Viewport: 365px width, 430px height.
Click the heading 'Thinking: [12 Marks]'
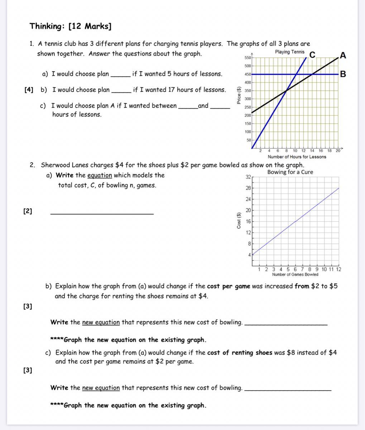coord(70,26)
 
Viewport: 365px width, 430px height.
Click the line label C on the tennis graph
coord(312,55)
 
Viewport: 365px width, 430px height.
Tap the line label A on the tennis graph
coord(343,56)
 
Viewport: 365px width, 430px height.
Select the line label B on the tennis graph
coord(343,74)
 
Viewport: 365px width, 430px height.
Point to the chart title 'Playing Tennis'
coord(290,52)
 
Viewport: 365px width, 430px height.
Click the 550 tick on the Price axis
coord(248,58)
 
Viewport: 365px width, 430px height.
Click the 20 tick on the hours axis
coord(338,151)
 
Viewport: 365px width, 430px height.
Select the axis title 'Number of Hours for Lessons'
coord(297,157)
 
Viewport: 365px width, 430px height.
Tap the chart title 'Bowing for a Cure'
coord(290,172)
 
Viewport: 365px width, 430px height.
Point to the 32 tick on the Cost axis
coord(248,177)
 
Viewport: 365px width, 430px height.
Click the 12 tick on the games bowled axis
coord(338,269)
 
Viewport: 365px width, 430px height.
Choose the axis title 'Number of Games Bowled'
coord(295,274)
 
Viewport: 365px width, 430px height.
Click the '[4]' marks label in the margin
coord(29,90)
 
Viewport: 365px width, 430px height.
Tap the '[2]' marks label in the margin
coord(28,211)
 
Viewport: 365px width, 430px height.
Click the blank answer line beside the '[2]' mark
coord(102,213)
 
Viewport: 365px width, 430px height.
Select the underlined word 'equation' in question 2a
coord(100,175)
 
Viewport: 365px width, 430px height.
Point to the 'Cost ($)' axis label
coord(239,220)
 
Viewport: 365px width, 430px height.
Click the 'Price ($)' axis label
coord(239,96)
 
